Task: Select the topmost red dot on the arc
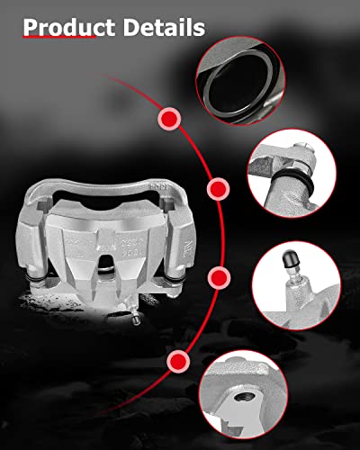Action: pos(168,118)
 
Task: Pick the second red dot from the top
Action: pos(217,189)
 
